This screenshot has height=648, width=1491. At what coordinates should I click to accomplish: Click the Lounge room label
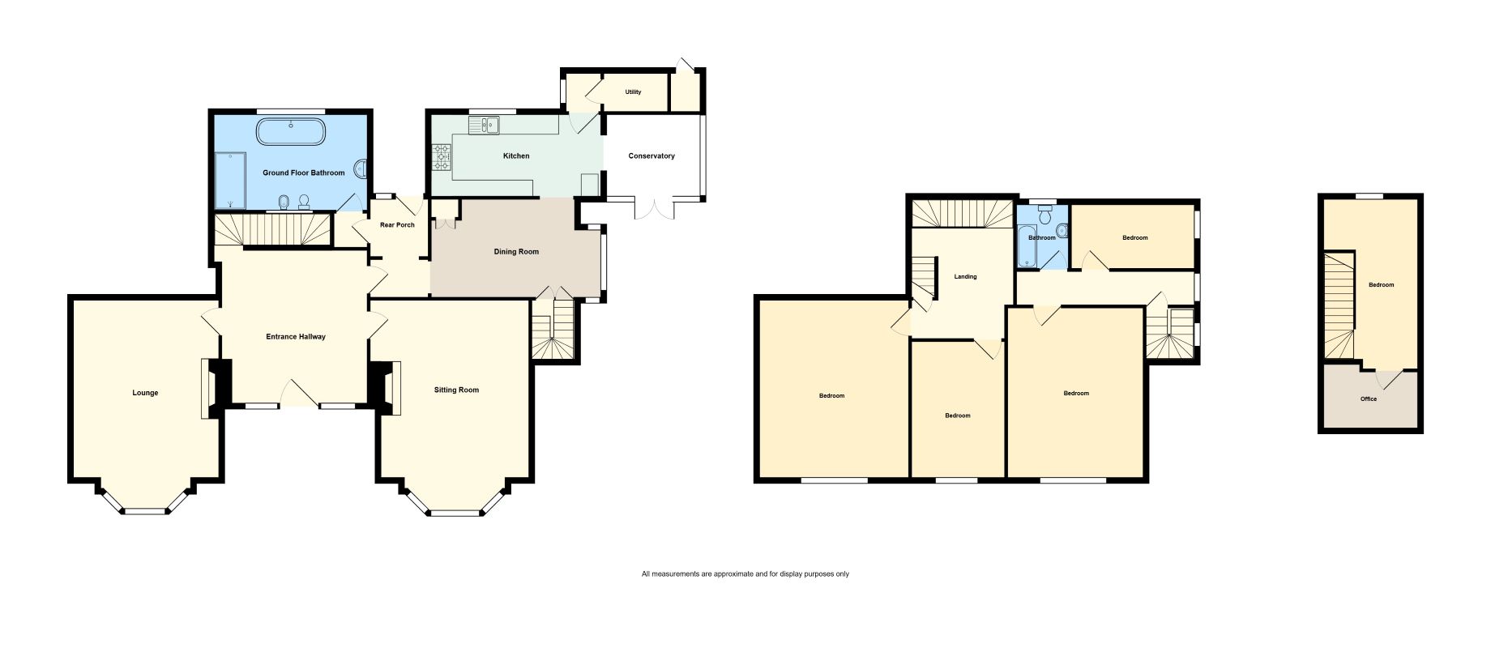[x=146, y=393]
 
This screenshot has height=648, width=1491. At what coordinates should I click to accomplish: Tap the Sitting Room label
[x=456, y=390]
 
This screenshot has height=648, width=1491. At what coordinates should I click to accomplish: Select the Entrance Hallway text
[x=296, y=336]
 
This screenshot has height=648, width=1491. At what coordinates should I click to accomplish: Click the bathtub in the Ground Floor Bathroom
[x=292, y=132]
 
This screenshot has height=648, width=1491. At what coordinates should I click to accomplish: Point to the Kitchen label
[x=516, y=156]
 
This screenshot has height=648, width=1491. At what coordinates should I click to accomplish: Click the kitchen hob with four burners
[x=442, y=156]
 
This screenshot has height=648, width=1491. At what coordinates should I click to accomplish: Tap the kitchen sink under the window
[x=484, y=125]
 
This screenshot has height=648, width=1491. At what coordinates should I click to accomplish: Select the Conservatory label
[x=652, y=156]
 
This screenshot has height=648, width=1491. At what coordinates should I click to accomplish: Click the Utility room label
[x=633, y=92]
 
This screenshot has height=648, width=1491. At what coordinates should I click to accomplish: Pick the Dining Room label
[x=516, y=251]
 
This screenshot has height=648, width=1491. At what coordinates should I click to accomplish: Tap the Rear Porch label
[x=397, y=224]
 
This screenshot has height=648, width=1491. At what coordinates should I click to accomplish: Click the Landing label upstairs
[x=965, y=276]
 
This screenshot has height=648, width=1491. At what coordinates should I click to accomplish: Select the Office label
[x=1369, y=399]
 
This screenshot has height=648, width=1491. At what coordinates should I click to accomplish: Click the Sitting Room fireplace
[x=385, y=388]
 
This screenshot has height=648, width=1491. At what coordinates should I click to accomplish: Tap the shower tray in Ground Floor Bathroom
[x=230, y=180]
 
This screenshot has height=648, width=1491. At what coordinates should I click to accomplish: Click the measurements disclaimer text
[x=745, y=574]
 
